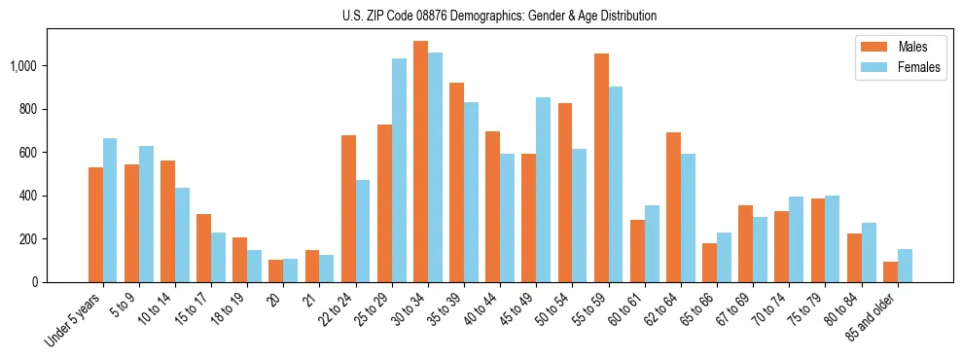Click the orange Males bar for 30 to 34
[x=420, y=162]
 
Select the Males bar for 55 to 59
[x=601, y=167]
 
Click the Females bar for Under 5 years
[x=110, y=210]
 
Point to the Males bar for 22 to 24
[x=348, y=208]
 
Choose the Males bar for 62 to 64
[x=673, y=207]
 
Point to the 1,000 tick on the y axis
[x=23, y=66]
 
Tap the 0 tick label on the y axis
[x=35, y=282]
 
